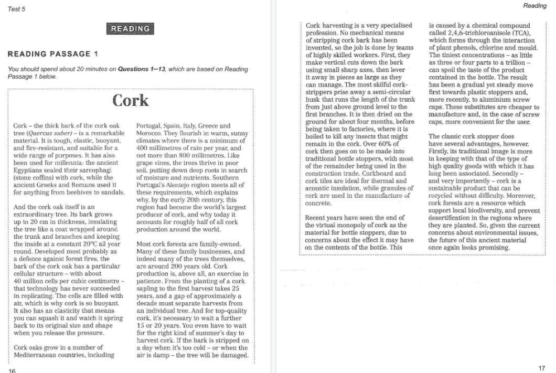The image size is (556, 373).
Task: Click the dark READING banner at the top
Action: click(x=130, y=29)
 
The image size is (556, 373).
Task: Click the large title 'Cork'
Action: click(x=131, y=100)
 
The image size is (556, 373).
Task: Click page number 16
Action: click(x=12, y=370)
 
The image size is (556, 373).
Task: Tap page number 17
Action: click(x=542, y=368)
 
